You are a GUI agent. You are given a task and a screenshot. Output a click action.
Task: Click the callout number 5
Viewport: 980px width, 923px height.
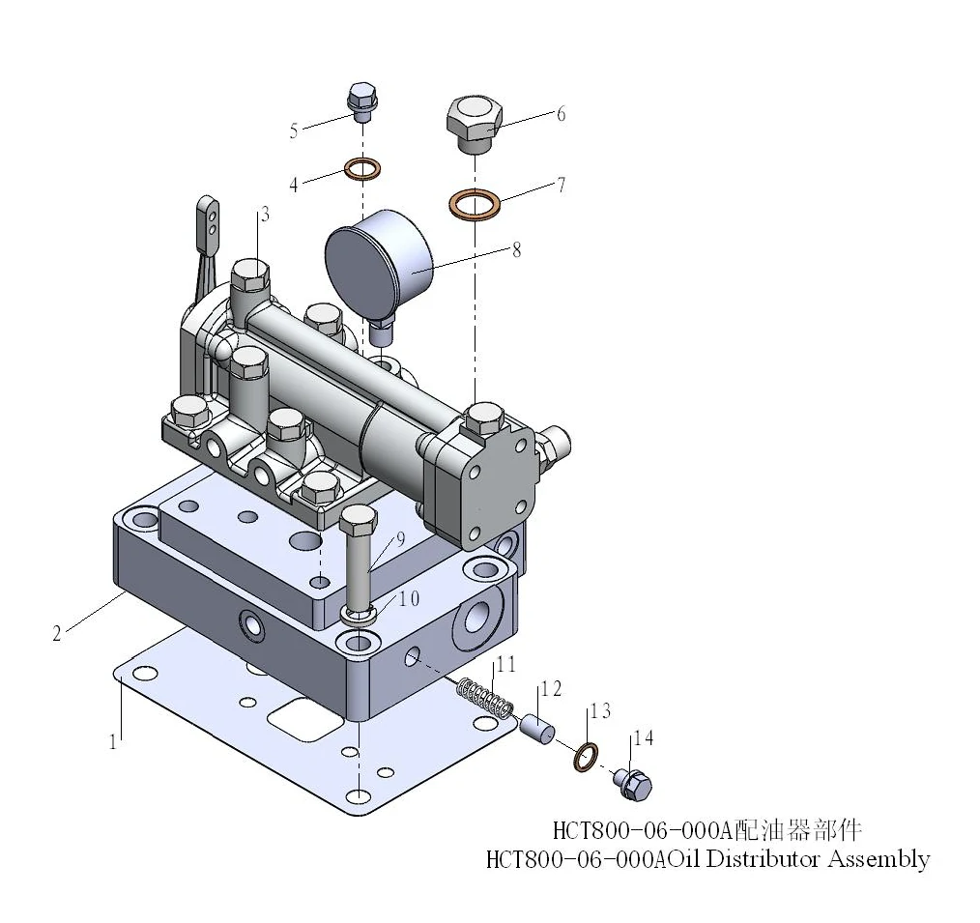294,130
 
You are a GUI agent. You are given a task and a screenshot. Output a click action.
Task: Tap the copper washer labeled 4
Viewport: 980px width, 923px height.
362,168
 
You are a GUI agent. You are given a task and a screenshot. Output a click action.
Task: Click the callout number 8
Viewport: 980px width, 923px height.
516,250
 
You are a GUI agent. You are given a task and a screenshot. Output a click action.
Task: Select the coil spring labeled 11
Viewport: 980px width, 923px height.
485,698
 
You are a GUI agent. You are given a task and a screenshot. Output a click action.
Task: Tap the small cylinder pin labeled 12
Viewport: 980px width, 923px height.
538,729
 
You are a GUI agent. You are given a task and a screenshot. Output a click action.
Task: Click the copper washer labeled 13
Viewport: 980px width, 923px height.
586,757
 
